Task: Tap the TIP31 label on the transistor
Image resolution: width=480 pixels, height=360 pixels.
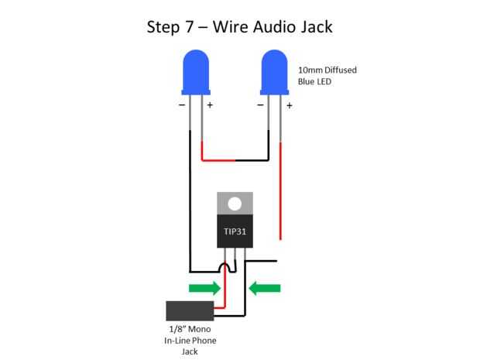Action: [x=234, y=231]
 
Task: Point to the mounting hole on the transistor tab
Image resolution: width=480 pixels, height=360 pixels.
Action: [x=234, y=204]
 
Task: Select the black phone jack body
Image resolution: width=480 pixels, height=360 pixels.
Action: [x=189, y=311]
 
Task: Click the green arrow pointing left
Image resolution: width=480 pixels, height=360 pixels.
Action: [x=265, y=289]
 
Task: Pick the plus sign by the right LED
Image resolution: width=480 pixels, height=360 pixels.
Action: [x=289, y=105]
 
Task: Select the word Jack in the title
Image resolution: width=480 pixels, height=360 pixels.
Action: [x=314, y=27]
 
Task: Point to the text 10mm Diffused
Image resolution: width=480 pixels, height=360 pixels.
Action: [x=327, y=70]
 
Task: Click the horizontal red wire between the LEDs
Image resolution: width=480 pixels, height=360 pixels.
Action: [x=218, y=160]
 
